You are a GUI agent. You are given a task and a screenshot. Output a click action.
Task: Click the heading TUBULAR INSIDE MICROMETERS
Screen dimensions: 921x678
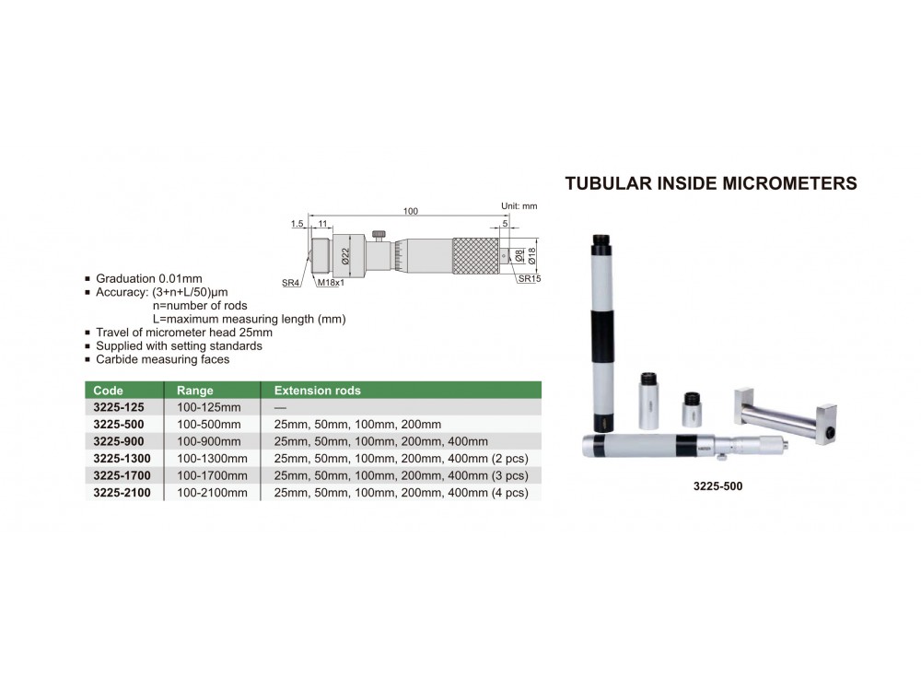coord(711,183)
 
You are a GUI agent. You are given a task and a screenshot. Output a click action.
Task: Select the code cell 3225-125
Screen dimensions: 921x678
coord(118,407)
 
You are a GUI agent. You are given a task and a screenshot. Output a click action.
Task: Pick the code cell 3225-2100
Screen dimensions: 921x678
coord(122,492)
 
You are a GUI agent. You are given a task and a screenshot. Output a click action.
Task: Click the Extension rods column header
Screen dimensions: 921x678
coord(317,390)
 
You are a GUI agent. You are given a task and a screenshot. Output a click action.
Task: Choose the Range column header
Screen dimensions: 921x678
coord(195,390)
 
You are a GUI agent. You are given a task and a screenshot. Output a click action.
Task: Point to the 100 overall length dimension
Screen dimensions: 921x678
coord(411,211)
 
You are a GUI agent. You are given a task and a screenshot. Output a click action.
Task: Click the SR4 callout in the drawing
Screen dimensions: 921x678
coord(290,283)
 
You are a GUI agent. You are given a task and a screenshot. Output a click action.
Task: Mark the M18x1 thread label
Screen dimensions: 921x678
coord(331,283)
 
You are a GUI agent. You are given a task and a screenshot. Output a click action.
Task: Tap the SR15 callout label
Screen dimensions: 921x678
coord(530,278)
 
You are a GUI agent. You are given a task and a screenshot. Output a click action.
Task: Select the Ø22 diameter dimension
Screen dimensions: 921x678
coord(345,255)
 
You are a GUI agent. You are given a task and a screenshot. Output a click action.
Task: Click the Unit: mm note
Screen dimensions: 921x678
coord(519,206)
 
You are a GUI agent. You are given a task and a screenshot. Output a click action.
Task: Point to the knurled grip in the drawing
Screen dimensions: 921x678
coord(475,255)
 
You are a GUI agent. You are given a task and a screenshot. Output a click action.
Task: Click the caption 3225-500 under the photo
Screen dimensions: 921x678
coord(717,485)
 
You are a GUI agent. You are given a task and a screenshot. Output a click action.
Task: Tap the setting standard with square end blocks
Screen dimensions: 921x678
coord(786,415)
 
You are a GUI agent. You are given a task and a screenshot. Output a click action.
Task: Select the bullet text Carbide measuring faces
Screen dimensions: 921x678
coord(163,359)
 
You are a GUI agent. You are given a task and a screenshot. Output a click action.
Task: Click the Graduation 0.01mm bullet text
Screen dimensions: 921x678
coord(148,278)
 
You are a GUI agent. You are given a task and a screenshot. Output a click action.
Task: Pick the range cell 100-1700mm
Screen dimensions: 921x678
coord(212,475)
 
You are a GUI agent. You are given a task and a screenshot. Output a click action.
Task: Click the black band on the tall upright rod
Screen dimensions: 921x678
coord(602,336)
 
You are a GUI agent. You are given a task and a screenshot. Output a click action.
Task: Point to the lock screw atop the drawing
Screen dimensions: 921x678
coord(379,235)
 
